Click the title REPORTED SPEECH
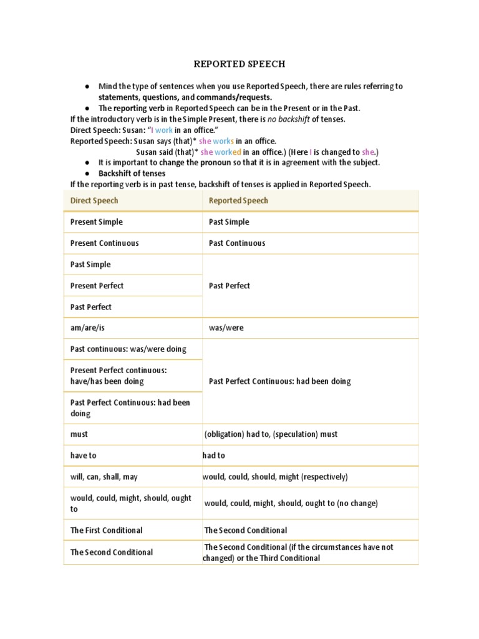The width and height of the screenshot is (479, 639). (239, 64)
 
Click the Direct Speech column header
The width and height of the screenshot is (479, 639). (94, 200)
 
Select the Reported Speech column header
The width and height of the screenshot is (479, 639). (238, 200)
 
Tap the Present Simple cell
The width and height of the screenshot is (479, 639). (97, 222)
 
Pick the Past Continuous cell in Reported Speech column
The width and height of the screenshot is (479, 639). (237, 243)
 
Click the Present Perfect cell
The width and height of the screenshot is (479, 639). (97, 285)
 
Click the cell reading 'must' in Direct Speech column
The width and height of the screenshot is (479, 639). (79, 434)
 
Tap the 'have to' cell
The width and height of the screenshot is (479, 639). (84, 456)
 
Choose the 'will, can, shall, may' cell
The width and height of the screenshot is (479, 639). (104, 477)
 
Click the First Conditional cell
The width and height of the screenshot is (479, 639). (107, 530)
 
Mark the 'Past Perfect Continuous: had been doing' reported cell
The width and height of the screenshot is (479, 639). (280, 381)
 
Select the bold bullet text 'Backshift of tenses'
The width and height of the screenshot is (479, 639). (132, 173)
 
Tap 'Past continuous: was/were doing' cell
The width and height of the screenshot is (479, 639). (128, 349)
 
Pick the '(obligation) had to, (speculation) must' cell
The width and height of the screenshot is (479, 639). (271, 434)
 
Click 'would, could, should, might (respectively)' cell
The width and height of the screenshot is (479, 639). (275, 477)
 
